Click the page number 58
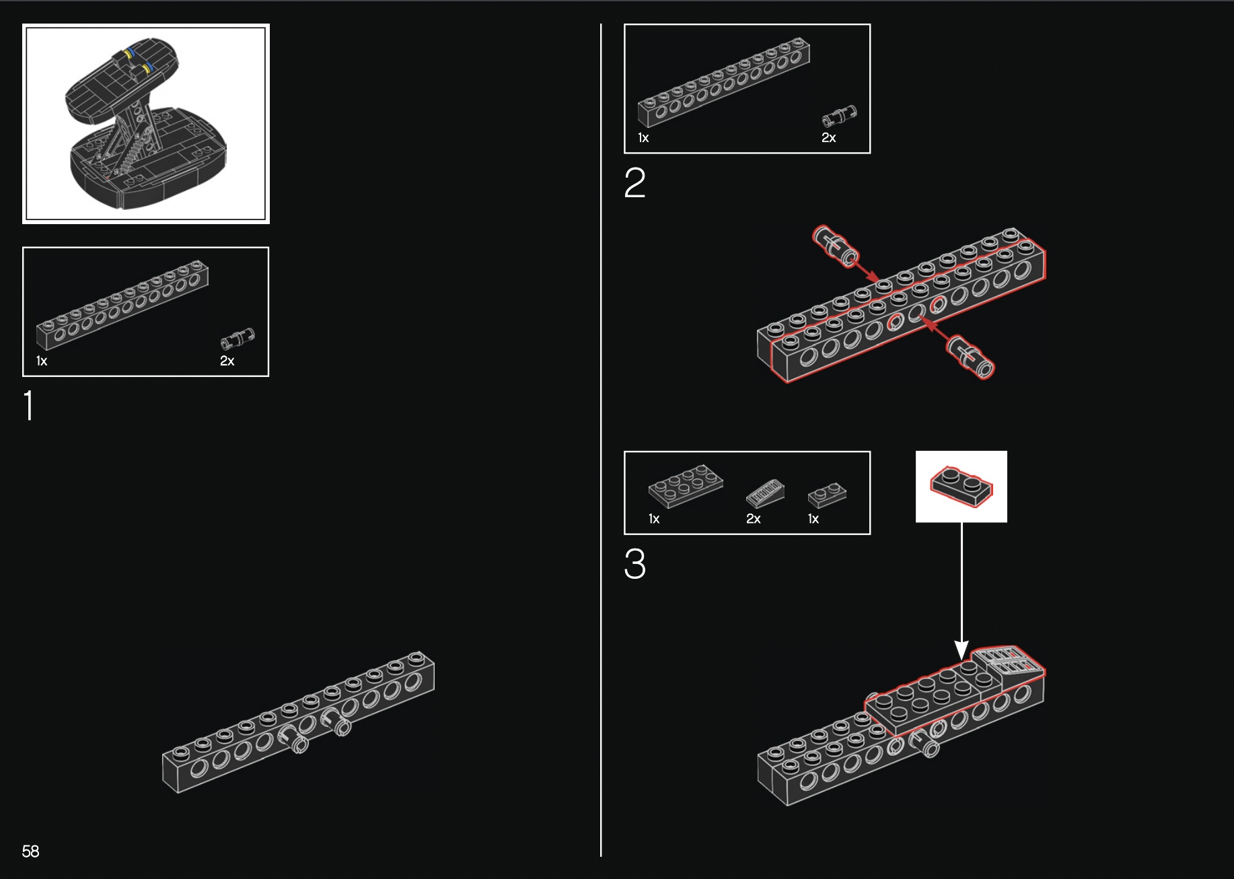[30, 851]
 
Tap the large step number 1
[28, 405]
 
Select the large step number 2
[634, 182]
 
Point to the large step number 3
[634, 563]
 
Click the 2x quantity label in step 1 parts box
[227, 361]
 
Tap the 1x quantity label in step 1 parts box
[42, 361]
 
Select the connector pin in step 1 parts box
[238, 338]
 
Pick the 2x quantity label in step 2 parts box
[828, 137]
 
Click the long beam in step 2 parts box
[724, 82]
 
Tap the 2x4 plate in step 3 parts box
[686, 485]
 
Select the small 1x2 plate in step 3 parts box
[827, 495]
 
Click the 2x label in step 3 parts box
[753, 519]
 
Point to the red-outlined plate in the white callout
[961, 486]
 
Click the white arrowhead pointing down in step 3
[961, 650]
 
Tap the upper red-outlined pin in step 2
[836, 246]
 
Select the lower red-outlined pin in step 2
[970, 357]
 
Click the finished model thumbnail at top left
[146, 124]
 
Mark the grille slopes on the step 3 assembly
[1009, 660]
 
